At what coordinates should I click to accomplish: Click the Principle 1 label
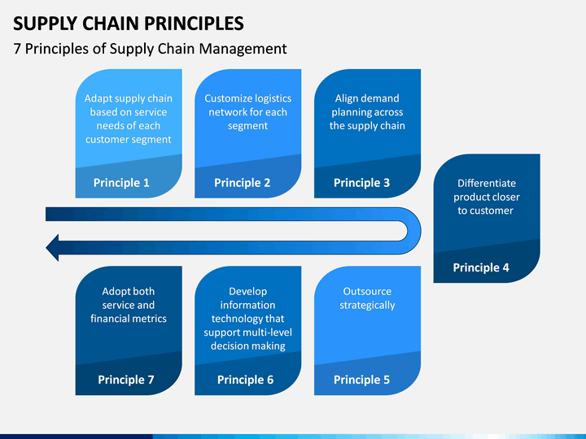pyautogui.click(x=121, y=183)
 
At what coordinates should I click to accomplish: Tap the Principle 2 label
pyautogui.click(x=243, y=183)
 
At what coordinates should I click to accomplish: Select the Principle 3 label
pyautogui.click(x=361, y=183)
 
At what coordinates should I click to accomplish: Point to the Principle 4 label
pyautogui.click(x=481, y=267)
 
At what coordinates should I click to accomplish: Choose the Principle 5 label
pyautogui.click(x=361, y=380)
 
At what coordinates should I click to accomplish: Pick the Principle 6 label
pyautogui.click(x=246, y=380)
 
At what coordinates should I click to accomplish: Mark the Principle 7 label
pyautogui.click(x=126, y=380)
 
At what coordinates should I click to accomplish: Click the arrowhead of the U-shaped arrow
pyautogui.click(x=52, y=247)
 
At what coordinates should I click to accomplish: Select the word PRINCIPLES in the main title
pyautogui.click(x=194, y=24)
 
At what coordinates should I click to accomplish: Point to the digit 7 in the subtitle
pyautogui.click(x=17, y=49)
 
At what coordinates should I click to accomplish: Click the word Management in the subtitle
pyautogui.click(x=243, y=50)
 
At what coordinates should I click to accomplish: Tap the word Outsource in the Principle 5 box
pyautogui.click(x=367, y=292)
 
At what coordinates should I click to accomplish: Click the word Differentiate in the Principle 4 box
pyautogui.click(x=487, y=183)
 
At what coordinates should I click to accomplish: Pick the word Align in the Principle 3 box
pyautogui.click(x=345, y=98)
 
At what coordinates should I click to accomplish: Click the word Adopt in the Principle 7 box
pyautogui.click(x=114, y=292)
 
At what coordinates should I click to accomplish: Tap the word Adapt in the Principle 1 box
pyautogui.click(x=96, y=99)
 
